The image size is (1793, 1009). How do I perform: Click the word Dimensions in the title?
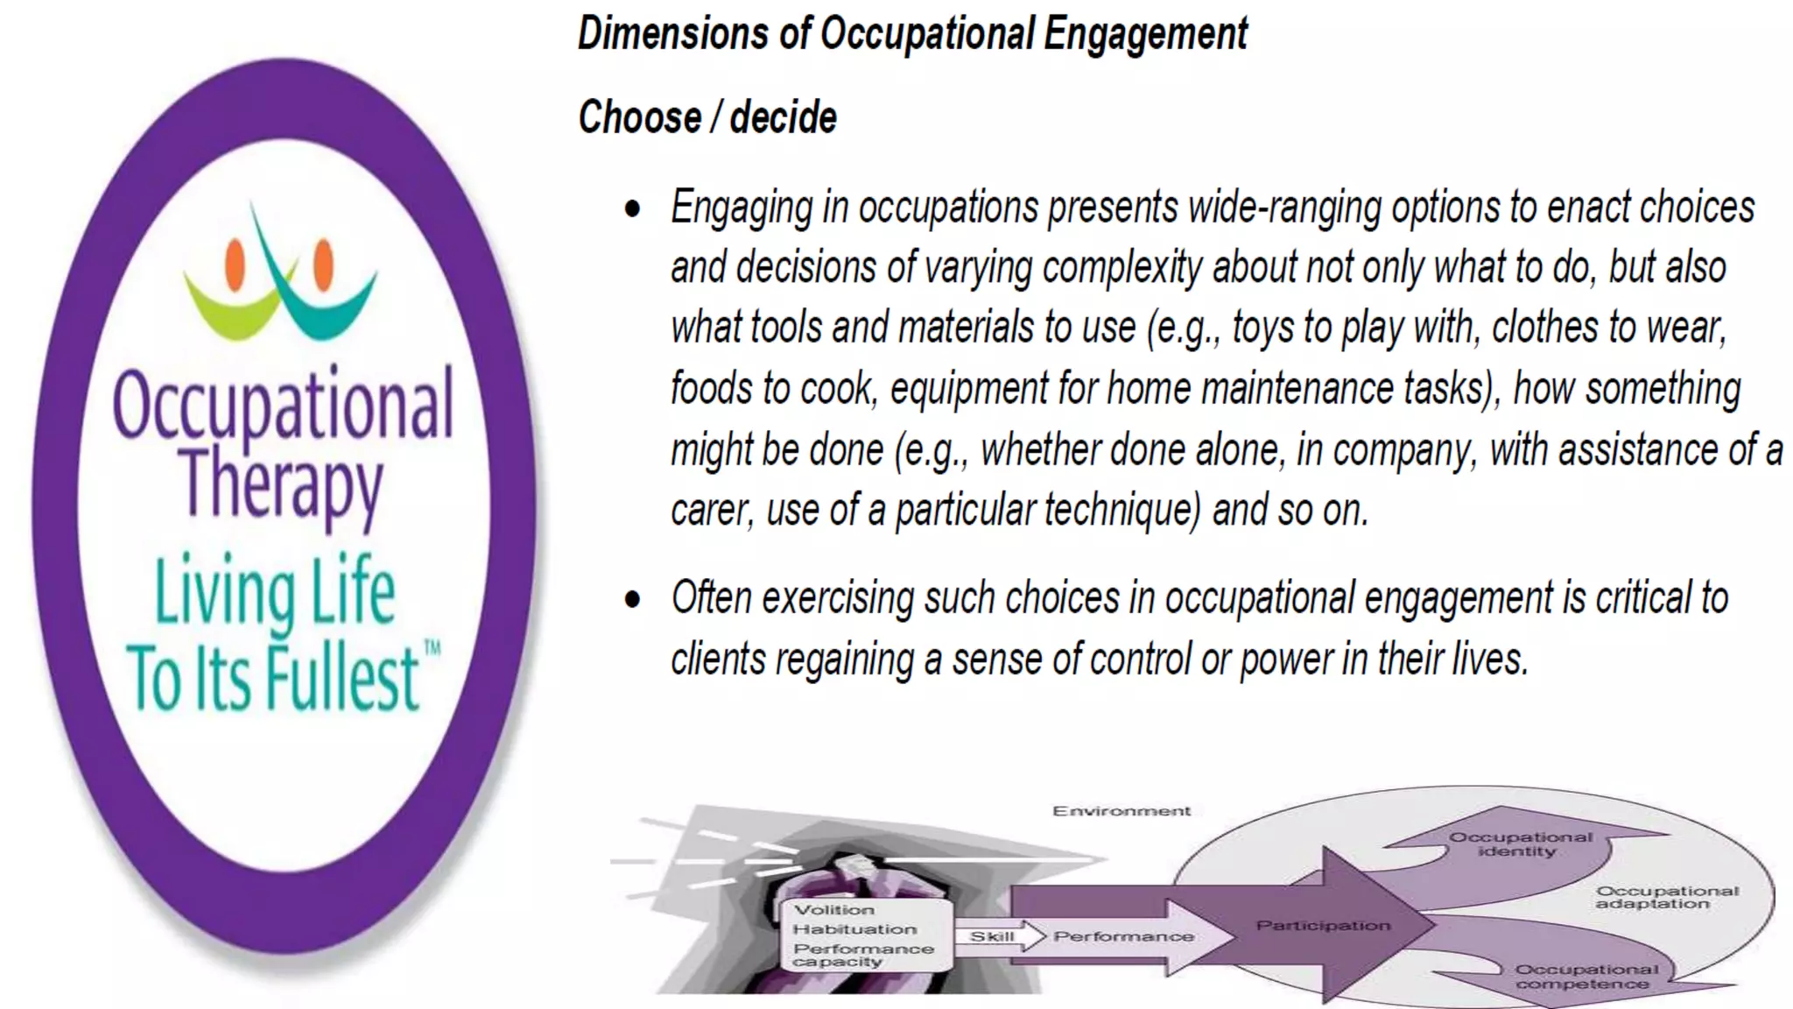click(x=672, y=34)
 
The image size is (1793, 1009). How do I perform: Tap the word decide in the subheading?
click(x=783, y=117)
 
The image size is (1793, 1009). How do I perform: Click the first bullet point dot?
click(x=633, y=209)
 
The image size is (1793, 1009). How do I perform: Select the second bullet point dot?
click(x=633, y=600)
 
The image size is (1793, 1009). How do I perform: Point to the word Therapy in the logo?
click(x=282, y=483)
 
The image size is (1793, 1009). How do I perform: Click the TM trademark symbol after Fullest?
click(x=432, y=649)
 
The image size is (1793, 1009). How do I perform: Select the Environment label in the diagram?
click(x=1122, y=811)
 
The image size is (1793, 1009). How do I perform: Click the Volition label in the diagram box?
click(x=833, y=910)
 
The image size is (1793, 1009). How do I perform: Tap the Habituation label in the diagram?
click(x=854, y=929)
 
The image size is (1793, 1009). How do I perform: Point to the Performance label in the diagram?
click(x=1123, y=936)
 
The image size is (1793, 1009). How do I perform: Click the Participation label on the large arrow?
click(x=1323, y=925)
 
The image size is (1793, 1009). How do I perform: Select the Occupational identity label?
click(x=1520, y=843)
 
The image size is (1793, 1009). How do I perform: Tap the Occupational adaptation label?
click(x=1666, y=897)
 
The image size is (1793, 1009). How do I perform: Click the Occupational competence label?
click(x=1586, y=977)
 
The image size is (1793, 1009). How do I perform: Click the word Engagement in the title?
click(x=1145, y=34)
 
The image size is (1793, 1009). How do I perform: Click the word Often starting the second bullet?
click(x=711, y=599)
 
